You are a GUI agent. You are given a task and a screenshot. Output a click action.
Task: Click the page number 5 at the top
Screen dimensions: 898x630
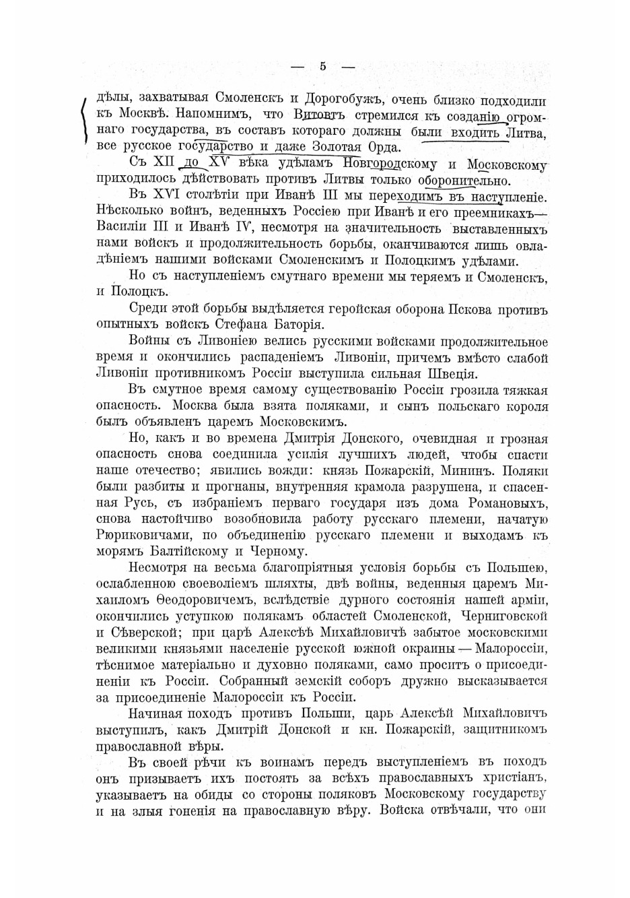click(x=323, y=66)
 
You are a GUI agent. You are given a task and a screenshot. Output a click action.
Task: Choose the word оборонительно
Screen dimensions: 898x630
click(x=464, y=181)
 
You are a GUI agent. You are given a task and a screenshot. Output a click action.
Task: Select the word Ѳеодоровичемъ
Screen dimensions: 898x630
click(x=201, y=600)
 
